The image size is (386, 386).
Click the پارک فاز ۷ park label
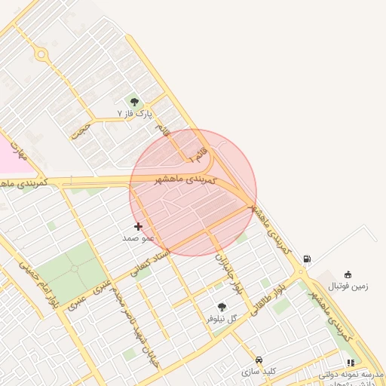(x=135, y=113)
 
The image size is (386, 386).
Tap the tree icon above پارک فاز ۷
(x=134, y=102)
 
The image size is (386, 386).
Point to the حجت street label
(x=81, y=131)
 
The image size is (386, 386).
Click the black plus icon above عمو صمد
(x=138, y=226)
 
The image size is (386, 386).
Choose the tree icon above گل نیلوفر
(x=222, y=307)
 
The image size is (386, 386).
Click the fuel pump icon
(x=307, y=259)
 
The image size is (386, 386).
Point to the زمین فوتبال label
(x=348, y=286)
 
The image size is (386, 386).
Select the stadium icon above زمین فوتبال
(x=348, y=274)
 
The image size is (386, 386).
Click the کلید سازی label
(x=259, y=372)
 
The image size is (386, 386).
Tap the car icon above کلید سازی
(x=259, y=360)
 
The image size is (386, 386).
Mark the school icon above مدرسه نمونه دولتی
(x=351, y=363)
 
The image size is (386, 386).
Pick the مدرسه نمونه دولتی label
(x=351, y=375)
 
